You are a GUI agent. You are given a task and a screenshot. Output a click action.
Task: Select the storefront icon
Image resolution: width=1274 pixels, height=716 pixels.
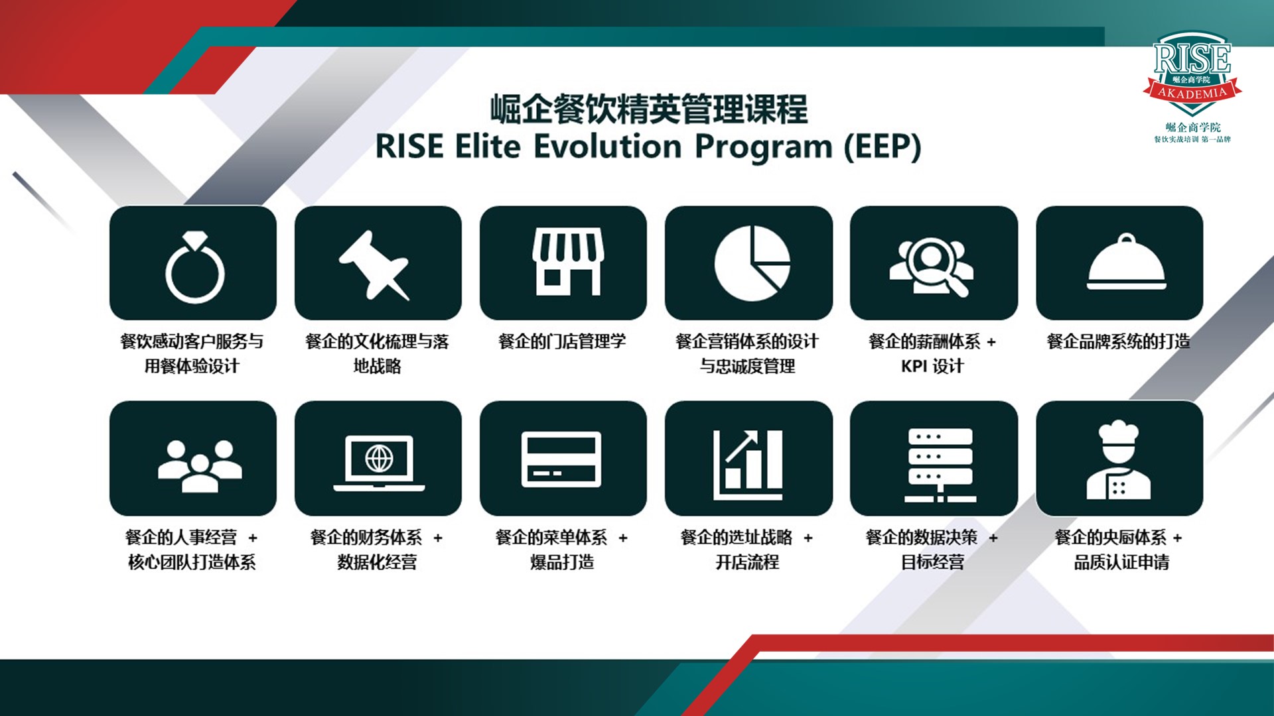[567, 262]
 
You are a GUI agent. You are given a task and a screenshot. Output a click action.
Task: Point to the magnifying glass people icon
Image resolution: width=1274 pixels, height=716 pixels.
[932, 265]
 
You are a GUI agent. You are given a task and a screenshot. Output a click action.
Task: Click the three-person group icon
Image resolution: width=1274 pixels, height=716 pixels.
[200, 465]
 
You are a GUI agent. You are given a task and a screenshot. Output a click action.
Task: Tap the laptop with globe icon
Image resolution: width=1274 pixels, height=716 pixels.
[379, 463]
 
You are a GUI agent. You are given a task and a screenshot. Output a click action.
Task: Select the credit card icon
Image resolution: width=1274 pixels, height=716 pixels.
[561, 459]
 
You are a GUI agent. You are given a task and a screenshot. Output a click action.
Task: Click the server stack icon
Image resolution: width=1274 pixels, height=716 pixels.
[940, 465]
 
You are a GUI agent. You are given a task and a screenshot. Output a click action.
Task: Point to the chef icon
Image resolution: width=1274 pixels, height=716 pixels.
[1119, 459]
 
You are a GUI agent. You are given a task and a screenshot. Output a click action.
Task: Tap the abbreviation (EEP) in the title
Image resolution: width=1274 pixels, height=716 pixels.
[883, 147]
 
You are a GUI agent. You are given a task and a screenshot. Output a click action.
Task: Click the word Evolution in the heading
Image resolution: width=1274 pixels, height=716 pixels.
[607, 147]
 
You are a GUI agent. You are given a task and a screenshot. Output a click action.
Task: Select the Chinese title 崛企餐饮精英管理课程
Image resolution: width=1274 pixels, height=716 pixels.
[649, 109]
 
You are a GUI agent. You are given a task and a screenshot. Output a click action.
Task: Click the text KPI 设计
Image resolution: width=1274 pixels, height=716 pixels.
[932, 366]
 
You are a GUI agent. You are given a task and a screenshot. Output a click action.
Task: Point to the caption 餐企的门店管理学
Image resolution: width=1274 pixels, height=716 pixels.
[562, 341]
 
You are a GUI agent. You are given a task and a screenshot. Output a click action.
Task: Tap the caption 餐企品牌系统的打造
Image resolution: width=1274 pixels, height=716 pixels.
[1119, 341]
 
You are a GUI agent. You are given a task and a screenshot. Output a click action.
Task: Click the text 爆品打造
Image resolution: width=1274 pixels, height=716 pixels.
[562, 562]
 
